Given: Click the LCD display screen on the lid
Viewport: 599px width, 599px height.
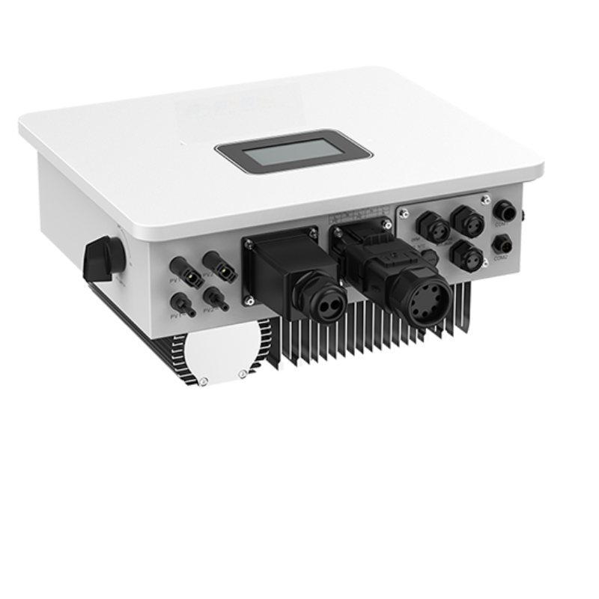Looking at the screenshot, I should (294, 152).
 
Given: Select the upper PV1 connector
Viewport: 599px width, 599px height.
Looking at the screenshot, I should (182, 267).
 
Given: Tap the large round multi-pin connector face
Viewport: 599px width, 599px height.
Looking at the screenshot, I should (430, 301).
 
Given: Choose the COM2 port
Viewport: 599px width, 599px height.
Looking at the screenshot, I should (501, 244).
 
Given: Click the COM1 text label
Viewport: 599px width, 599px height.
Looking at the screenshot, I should (500, 223).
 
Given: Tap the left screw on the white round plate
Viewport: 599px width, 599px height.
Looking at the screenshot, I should (203, 381).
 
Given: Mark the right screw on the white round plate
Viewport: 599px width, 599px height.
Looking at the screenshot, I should (241, 374).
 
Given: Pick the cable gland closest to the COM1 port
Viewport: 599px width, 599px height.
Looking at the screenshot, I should (468, 220).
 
